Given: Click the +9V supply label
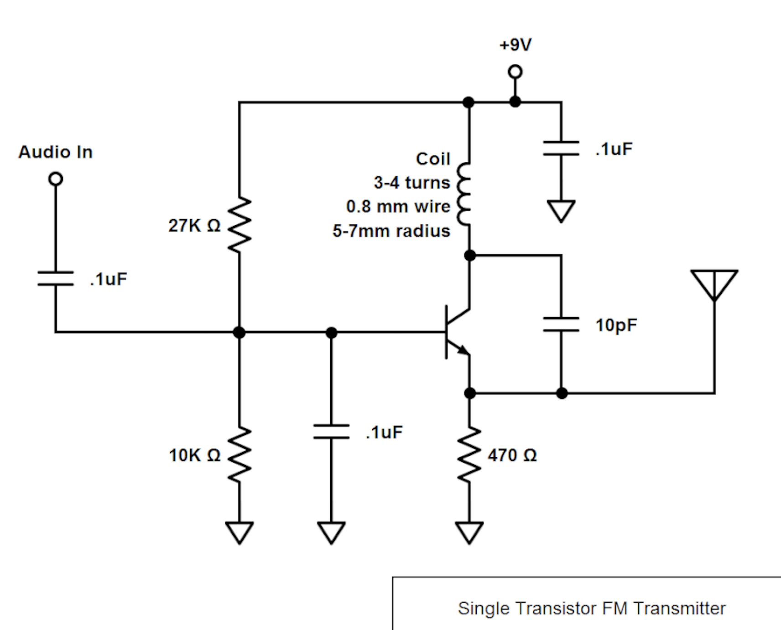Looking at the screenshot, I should pyautogui.click(x=515, y=45).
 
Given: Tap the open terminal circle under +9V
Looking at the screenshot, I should pyautogui.click(x=515, y=72).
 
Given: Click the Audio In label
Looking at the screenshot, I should pyautogui.click(x=56, y=152).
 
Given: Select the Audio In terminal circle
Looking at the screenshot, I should pyautogui.click(x=56, y=179).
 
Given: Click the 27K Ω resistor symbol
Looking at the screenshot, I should pyautogui.click(x=240, y=225).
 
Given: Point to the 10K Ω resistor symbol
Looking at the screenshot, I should pyautogui.click(x=240, y=454).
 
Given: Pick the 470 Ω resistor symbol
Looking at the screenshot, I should pyautogui.click(x=469, y=454).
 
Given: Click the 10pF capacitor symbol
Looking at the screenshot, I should pyautogui.click(x=561, y=325).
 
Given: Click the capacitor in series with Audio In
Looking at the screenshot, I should pyautogui.click(x=56, y=279).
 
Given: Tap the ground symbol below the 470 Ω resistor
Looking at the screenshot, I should pyautogui.click(x=469, y=532).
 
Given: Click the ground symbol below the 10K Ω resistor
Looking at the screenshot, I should pyautogui.click(x=240, y=532).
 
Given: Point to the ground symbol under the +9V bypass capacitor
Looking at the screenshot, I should pyautogui.click(x=561, y=211).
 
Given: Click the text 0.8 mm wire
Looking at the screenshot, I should pyautogui.click(x=398, y=207).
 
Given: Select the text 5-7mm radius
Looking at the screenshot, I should pyautogui.click(x=391, y=231).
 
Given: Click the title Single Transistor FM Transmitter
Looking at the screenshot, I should pyautogui.click(x=592, y=609).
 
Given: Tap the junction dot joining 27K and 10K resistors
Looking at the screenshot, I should pyautogui.click(x=239, y=332).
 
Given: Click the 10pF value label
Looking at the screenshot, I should pyautogui.click(x=616, y=325).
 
